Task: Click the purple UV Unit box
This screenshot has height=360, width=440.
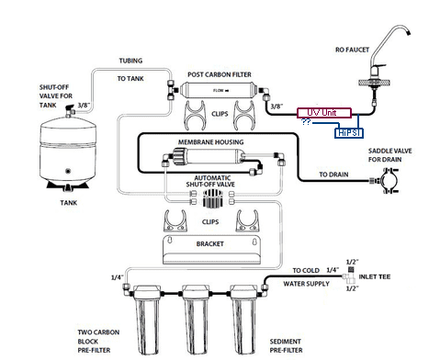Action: pyautogui.click(x=324, y=113)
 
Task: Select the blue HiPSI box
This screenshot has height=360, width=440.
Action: pyautogui.click(x=349, y=133)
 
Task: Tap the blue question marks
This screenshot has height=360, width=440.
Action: pyautogui.click(x=306, y=122)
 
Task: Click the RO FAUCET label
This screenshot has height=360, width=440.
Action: pyautogui.click(x=352, y=50)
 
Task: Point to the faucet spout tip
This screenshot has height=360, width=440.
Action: pyautogui.click(x=408, y=32)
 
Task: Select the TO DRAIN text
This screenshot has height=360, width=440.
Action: pyautogui.click(x=333, y=174)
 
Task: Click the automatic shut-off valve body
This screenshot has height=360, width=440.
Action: pyautogui.click(x=212, y=197)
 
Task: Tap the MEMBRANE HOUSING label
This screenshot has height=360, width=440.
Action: pyautogui.click(x=211, y=142)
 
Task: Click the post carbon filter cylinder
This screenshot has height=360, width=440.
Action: pyautogui.click(x=219, y=90)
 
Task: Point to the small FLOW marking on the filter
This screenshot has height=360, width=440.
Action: pyautogui.click(x=221, y=91)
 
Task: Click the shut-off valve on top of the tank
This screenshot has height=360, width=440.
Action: pyautogui.click(x=70, y=111)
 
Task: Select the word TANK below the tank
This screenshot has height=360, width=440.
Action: pyautogui.click(x=69, y=203)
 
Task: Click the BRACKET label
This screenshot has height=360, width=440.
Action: pyautogui.click(x=210, y=244)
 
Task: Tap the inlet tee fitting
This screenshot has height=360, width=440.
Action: pyautogui.click(x=349, y=276)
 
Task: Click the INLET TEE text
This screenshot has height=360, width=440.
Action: pyautogui.click(x=375, y=276)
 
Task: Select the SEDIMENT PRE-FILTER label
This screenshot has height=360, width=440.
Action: pyautogui.click(x=286, y=345)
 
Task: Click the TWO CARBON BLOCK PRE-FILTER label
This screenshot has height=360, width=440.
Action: pyautogui.click(x=98, y=341)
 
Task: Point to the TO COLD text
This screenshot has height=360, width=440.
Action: pyautogui.click(x=306, y=271)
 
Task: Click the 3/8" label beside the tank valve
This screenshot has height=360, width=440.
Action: pyautogui.click(x=84, y=106)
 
